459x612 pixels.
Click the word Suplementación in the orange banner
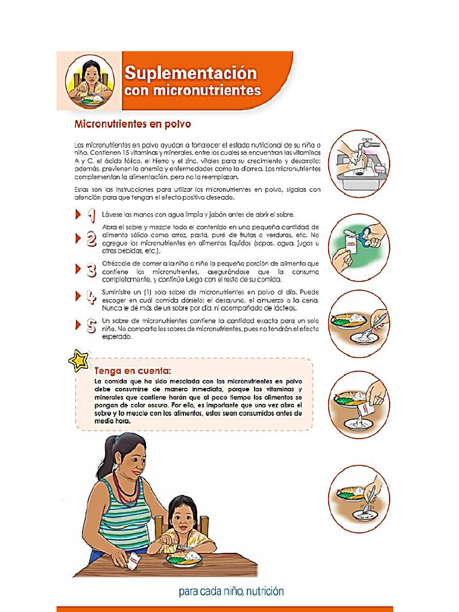pyautogui.click(x=190, y=74)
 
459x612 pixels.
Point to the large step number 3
pyautogui.click(x=91, y=270)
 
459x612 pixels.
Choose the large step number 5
pyautogui.click(x=91, y=326)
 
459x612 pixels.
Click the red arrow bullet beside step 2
pyautogui.click(x=78, y=239)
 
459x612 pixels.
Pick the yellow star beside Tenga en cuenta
pyautogui.click(x=78, y=360)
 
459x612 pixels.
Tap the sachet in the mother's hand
pyautogui.click(x=134, y=561)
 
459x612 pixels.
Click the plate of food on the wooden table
pyautogui.click(x=184, y=559)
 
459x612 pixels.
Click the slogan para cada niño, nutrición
pyautogui.click(x=231, y=592)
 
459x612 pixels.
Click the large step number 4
pyautogui.click(x=91, y=298)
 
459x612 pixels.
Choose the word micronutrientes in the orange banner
pyautogui.click(x=192, y=91)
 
